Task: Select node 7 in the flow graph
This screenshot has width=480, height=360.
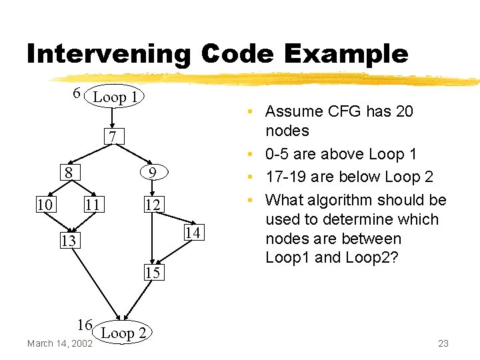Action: click(115, 137)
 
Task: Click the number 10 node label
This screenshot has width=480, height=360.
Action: click(46, 203)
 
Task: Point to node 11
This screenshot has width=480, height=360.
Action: click(93, 204)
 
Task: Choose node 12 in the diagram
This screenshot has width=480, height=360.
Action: click(153, 205)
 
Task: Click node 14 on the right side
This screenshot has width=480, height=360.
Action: click(192, 232)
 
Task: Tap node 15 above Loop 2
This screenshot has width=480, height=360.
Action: click(153, 272)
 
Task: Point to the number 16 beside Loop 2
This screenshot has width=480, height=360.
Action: click(84, 325)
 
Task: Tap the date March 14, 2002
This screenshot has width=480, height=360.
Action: click(59, 343)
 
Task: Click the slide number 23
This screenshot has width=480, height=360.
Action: click(443, 343)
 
